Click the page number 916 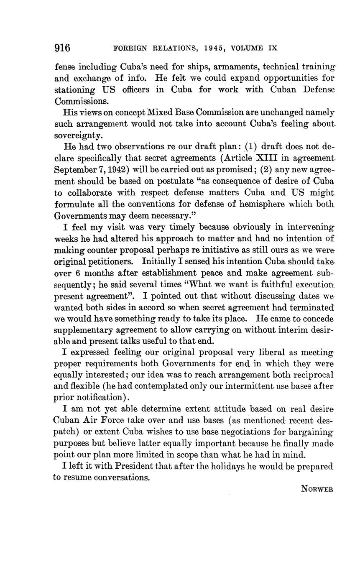[x=62, y=48]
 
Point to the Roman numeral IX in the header [x=273, y=49]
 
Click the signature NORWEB [x=317, y=489]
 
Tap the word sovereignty [x=78, y=136]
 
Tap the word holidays [x=228, y=466]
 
